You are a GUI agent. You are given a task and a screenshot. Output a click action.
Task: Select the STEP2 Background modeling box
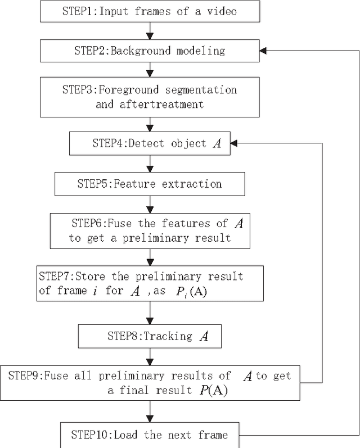[150, 51]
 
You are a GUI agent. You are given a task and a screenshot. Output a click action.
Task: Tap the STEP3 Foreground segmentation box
[150, 97]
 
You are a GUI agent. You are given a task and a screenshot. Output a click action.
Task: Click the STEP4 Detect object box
[150, 143]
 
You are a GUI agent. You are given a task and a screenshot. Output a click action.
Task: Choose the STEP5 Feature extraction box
[150, 184]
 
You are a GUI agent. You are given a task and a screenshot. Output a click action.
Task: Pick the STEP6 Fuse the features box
[150, 230]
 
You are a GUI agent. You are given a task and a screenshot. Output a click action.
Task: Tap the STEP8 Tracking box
[150, 337]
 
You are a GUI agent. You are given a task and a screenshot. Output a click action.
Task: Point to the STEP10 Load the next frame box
[150, 435]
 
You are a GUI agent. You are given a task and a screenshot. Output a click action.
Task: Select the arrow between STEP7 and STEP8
[150, 313]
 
